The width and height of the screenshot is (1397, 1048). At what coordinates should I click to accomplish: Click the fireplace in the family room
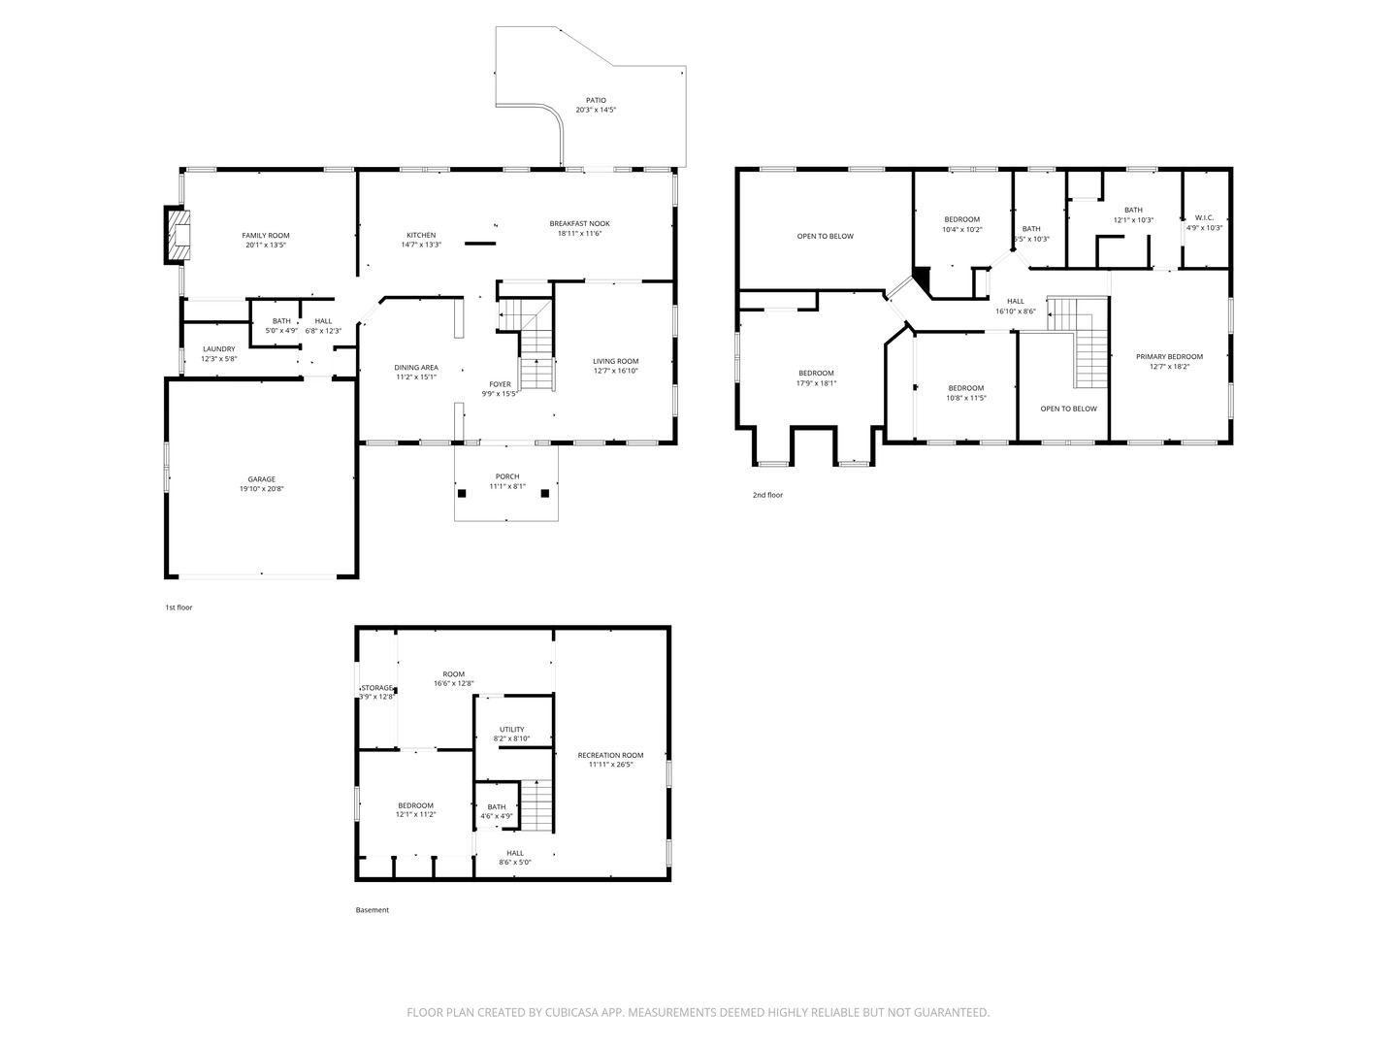pos(178,234)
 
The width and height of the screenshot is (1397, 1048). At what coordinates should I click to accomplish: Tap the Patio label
pos(596,100)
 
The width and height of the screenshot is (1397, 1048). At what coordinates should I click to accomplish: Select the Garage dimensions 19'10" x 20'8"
pos(261,489)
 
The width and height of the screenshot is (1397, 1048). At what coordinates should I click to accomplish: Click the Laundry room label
pos(218,349)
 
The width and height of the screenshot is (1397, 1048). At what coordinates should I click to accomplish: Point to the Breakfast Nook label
pos(579,223)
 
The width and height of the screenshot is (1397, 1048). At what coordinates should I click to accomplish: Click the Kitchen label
pos(421,235)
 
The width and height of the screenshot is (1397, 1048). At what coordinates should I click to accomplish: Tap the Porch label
pos(506,476)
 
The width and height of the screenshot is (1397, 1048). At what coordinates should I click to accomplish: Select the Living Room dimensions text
pos(615,371)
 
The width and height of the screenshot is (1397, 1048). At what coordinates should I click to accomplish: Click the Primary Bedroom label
pos(1169,357)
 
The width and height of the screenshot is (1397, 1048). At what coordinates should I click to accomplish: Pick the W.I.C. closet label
pos(1204,218)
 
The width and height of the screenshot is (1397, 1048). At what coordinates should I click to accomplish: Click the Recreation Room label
pos(610,755)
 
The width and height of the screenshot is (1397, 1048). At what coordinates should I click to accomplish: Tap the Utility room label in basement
pos(511,730)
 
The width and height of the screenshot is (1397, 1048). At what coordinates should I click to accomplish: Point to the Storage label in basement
pos(377,688)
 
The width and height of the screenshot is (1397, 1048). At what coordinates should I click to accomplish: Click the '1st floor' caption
pos(179,607)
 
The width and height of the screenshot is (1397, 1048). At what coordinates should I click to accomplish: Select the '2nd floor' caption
pos(767,495)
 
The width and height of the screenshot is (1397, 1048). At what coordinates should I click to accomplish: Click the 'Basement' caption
pos(372,910)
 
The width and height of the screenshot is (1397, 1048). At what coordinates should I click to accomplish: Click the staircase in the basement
pos(536,804)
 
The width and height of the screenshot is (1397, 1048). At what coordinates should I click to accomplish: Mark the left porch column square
pos(463,493)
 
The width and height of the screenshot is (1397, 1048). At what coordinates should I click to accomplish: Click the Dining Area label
pos(415,368)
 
